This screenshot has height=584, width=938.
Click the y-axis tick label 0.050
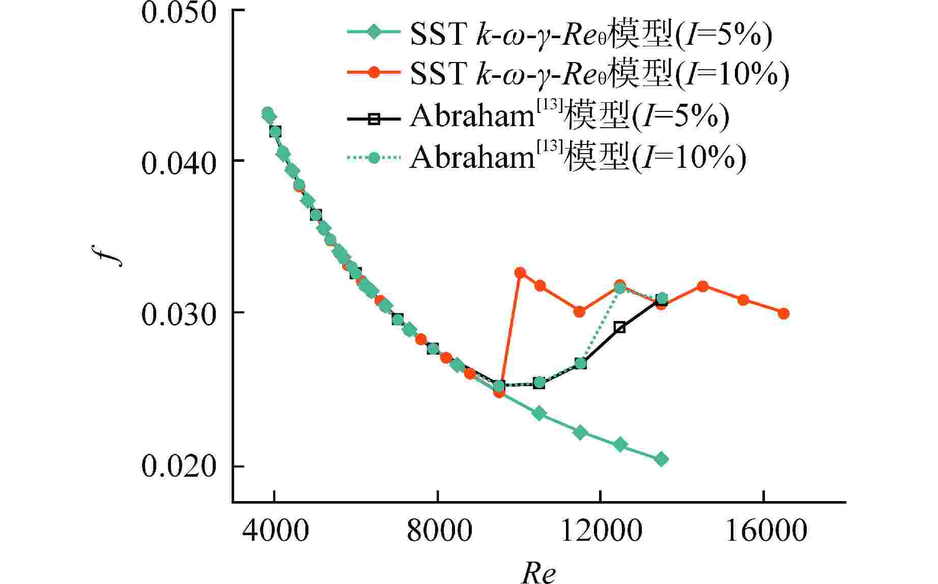pos(178,13)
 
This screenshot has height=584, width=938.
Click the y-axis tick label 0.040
pos(178,164)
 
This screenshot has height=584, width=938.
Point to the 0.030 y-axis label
pos(178,315)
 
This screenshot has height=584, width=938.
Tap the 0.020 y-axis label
pos(178,466)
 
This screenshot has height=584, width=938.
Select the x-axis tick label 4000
pos(275,531)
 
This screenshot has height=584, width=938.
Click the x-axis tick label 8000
pos(438,531)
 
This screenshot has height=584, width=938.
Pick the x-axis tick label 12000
pos(601,531)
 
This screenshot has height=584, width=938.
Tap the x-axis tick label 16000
pos(764,531)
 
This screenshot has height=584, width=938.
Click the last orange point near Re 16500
pos(783,313)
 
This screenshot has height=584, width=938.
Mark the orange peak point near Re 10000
pos(520,273)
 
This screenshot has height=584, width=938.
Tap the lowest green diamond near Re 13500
pos(661,459)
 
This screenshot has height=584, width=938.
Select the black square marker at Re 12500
pos(619,327)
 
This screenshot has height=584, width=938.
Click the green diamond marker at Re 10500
pos(539,413)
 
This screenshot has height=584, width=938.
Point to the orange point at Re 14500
pos(702,286)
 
